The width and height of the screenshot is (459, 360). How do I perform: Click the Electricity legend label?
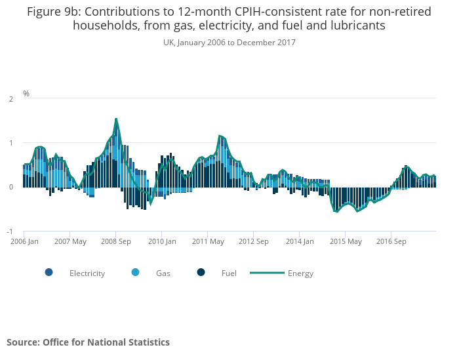click(87, 273)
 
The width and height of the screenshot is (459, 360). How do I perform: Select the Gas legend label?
click(163, 273)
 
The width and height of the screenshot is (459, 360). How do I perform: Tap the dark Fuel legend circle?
click(201, 273)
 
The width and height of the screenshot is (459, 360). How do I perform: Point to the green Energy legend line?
click(267, 273)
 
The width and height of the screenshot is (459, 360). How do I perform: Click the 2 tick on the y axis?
click(11, 99)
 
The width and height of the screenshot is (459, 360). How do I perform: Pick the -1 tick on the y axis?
click(10, 231)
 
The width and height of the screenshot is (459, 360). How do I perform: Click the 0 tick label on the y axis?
click(11, 187)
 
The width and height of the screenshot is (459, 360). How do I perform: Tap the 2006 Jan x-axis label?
click(24, 241)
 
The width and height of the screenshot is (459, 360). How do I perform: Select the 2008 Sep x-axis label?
click(116, 241)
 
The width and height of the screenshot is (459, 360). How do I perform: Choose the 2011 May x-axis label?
click(208, 241)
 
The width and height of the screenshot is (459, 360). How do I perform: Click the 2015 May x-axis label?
click(346, 241)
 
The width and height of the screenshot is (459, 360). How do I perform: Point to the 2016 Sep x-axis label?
click(391, 241)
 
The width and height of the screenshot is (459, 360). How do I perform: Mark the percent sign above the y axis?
click(26, 94)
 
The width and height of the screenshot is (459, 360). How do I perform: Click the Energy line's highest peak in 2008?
click(116, 119)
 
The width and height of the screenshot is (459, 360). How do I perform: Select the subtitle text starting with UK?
click(229, 43)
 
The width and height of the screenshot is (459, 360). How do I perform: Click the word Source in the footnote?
click(24, 342)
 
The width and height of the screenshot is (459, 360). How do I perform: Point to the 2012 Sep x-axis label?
click(254, 241)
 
